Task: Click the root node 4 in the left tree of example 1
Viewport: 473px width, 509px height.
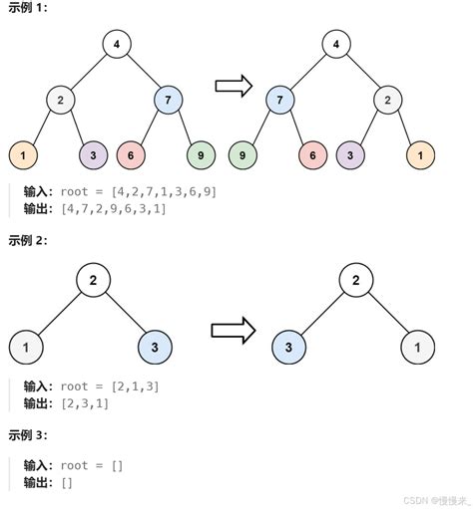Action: click(x=117, y=44)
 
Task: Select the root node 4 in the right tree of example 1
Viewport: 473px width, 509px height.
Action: click(x=336, y=44)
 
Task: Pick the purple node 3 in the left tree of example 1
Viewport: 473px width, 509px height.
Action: click(x=94, y=155)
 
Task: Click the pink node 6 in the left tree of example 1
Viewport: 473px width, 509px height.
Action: click(x=131, y=155)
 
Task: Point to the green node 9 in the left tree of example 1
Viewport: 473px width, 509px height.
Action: click(x=201, y=155)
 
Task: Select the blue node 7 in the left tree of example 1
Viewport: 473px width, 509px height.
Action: click(x=170, y=100)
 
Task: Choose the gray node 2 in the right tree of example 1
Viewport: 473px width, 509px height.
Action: click(x=389, y=100)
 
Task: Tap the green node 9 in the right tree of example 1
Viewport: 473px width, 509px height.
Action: click(x=242, y=155)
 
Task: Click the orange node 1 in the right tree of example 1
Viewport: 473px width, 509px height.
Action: click(x=421, y=155)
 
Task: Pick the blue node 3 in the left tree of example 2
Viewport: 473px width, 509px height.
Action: click(x=156, y=348)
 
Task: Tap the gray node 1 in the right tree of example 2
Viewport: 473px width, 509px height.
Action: click(x=418, y=348)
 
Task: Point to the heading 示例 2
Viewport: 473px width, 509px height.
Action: click(x=27, y=241)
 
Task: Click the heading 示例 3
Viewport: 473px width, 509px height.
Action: click(x=27, y=435)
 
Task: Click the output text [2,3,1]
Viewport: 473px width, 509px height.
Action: click(x=84, y=403)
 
